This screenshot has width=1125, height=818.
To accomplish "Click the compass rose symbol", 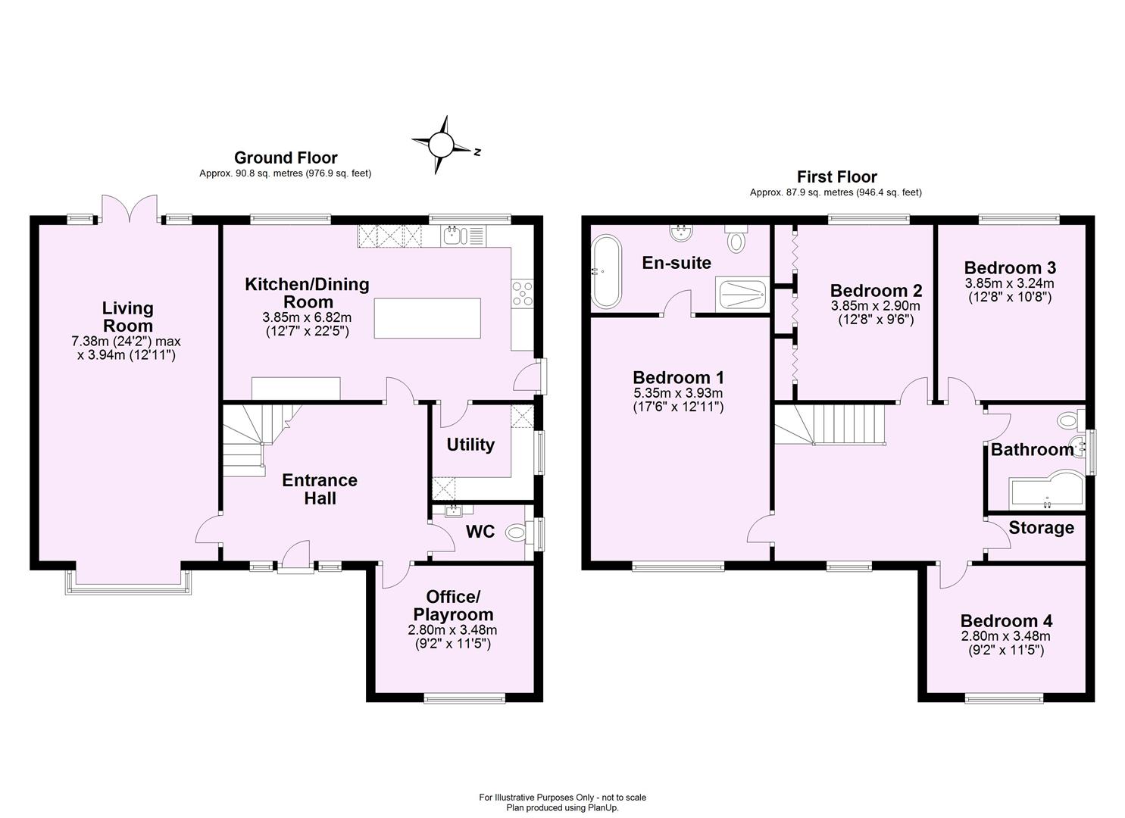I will (442, 144).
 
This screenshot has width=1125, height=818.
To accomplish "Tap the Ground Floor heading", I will (286, 158).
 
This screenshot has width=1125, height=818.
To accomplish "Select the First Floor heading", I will (836, 176).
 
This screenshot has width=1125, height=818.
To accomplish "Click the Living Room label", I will (127, 317).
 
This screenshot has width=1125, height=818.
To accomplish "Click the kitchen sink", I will (453, 236).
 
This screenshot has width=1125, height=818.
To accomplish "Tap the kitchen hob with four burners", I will (523, 293).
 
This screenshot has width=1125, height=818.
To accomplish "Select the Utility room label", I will (470, 445).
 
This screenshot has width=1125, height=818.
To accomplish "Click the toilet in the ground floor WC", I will (517, 533).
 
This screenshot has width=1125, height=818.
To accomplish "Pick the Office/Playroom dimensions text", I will (452, 637).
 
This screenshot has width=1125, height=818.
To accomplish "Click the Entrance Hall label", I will (320, 489).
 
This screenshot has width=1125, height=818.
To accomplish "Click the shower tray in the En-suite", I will (742, 295).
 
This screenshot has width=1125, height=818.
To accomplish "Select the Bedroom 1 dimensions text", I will (678, 400).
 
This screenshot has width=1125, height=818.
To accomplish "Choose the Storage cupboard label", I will (1041, 528).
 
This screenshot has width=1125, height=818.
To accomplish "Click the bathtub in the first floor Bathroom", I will (1045, 492).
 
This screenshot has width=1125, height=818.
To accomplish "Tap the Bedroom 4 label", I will (1006, 621).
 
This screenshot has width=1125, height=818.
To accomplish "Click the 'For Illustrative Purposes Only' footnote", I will (562, 798).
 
